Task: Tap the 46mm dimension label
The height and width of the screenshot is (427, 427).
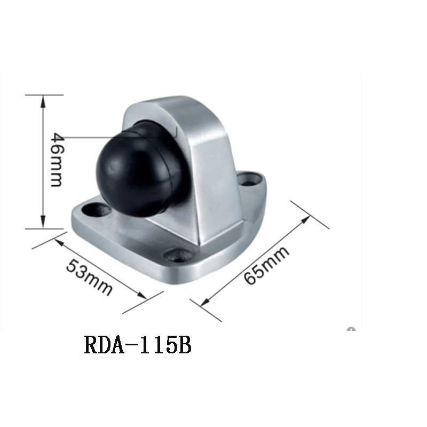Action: tap(58, 160)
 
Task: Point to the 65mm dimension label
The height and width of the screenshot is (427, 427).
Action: tap(266, 265)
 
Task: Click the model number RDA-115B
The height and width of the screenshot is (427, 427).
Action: tap(138, 345)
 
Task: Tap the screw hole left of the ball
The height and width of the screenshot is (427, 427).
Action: tap(97, 210)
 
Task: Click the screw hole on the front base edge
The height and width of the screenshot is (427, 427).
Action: tap(178, 255)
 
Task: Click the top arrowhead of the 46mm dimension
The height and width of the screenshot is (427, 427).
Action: tap(43, 101)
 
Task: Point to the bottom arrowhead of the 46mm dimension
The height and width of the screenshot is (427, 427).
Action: tap(43, 222)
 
